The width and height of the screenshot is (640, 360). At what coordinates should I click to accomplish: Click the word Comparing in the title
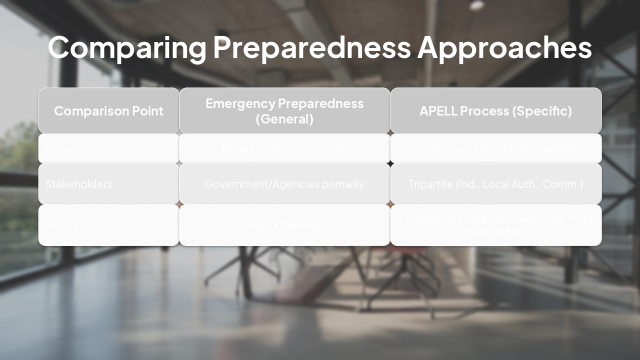tap(127, 47)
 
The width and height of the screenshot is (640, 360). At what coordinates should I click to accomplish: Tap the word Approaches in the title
tap(504, 47)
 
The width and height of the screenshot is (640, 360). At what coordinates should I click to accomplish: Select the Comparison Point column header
tap(108, 111)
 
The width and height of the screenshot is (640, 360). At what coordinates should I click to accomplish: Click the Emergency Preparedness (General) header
tap(284, 111)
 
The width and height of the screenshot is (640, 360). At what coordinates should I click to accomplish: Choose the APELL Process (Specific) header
tap(495, 111)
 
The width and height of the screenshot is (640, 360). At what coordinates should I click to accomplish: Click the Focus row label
tap(60, 148)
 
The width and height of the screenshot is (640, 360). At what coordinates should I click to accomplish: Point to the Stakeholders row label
tap(78, 184)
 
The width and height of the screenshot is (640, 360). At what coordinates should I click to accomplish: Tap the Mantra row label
tap(62, 225)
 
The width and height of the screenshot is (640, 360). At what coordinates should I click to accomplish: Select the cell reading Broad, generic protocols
tap(284, 148)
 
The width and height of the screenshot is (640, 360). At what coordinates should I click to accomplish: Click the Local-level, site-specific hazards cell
tap(495, 148)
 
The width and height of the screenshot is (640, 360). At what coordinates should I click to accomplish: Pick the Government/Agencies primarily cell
tap(284, 184)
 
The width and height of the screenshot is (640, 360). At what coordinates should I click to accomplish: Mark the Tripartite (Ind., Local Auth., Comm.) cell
tap(495, 184)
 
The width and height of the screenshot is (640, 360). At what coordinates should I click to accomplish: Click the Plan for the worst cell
tap(284, 225)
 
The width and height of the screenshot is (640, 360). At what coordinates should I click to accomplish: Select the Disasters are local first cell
tap(495, 225)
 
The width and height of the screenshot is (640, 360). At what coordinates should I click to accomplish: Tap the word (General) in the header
tap(284, 119)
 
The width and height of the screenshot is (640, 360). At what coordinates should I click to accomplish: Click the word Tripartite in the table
tap(430, 184)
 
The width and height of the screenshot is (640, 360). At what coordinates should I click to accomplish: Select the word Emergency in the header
tap(240, 103)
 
